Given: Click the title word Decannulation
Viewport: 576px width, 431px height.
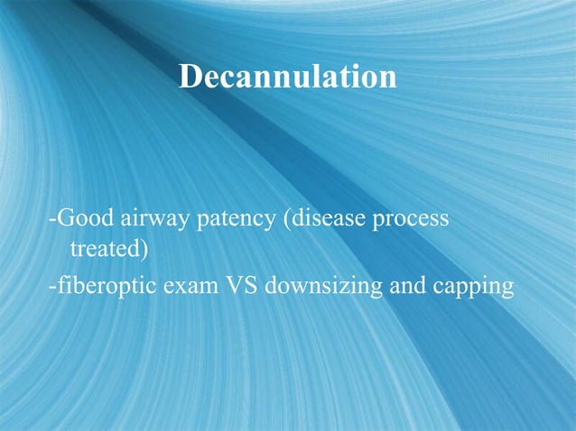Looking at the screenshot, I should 287,76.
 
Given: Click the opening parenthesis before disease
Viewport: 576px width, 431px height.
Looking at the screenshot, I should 286,221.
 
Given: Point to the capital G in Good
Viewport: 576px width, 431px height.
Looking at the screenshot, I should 64,220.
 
